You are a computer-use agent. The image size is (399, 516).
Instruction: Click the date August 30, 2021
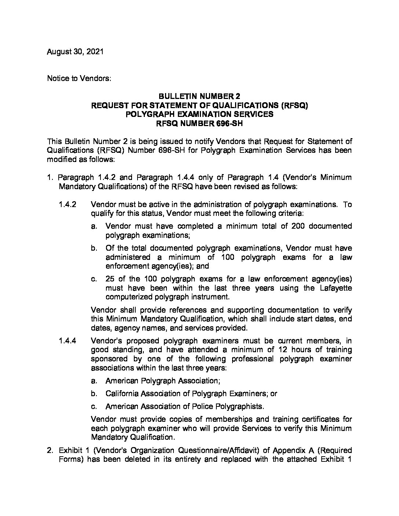(x=75, y=52)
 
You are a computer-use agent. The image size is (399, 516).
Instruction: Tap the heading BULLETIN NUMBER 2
(x=199, y=96)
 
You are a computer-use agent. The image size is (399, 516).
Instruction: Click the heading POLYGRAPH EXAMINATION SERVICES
(x=199, y=114)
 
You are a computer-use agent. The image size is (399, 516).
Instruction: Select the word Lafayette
(x=333, y=288)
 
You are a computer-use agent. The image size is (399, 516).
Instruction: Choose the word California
(x=124, y=394)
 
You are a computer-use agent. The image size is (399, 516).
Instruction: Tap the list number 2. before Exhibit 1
(x=50, y=450)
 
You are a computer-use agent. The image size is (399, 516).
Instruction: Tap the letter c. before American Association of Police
(x=94, y=406)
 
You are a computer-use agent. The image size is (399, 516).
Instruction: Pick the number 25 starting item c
(x=110, y=279)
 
